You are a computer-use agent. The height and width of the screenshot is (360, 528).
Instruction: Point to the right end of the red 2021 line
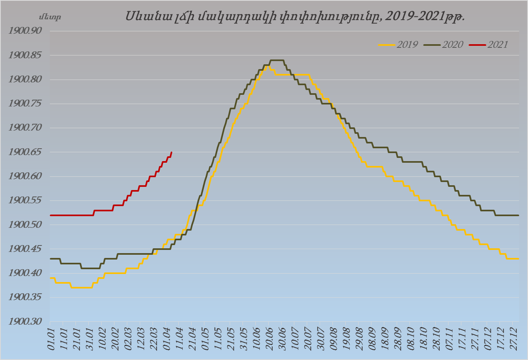click(x=172, y=152)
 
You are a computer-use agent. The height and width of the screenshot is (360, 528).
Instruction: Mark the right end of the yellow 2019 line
click(x=518, y=259)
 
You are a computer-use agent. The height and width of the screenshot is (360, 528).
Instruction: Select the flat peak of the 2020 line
click(x=277, y=60)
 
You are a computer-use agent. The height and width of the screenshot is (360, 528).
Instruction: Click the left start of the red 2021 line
click(x=51, y=215)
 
